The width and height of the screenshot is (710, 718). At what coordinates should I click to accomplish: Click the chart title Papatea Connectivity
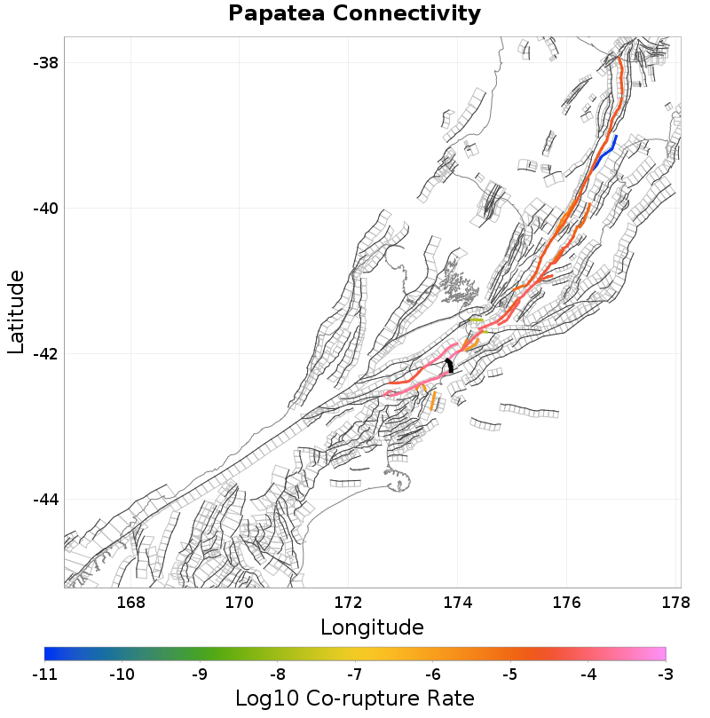click(354, 14)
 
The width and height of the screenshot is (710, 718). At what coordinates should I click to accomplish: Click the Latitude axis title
click(16, 312)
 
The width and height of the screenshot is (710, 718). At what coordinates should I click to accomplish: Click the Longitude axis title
click(372, 627)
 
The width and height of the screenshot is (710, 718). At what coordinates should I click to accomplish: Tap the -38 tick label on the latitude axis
click(45, 63)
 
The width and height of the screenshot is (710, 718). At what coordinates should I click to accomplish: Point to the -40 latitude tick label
click(45, 209)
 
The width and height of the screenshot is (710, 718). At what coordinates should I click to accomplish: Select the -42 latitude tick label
click(45, 354)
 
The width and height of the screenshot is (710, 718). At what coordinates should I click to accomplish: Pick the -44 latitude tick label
click(45, 500)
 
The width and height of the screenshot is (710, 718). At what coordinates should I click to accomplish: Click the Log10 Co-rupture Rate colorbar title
click(354, 698)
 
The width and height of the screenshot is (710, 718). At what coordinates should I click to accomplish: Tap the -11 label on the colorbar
click(44, 674)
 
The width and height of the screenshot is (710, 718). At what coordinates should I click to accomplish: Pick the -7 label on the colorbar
click(355, 674)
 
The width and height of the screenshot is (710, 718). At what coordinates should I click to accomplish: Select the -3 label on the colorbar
click(665, 674)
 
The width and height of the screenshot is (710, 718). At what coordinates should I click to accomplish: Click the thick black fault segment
click(450, 366)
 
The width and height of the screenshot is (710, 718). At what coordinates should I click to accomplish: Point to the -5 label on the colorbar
click(510, 674)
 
